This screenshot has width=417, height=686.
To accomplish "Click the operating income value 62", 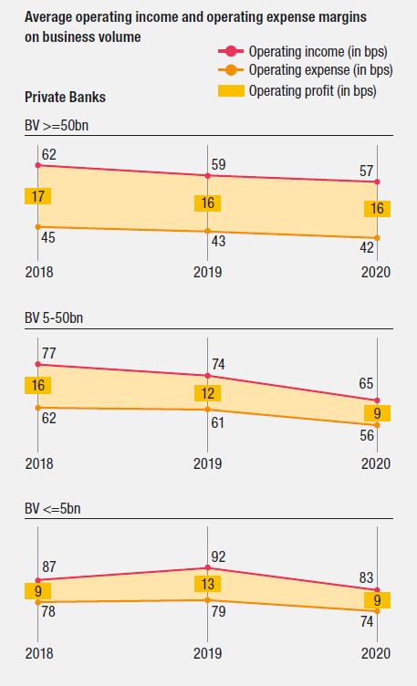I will pyautogui.click(x=49, y=155).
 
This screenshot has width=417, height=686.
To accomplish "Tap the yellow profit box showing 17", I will pyautogui.click(x=37, y=195).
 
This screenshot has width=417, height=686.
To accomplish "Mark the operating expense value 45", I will pyautogui.click(x=49, y=239).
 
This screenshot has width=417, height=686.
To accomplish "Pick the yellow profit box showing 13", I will pyautogui.click(x=208, y=584).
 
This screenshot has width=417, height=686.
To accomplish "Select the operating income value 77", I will pyautogui.click(x=49, y=352).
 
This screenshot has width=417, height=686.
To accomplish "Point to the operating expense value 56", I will pyautogui.click(x=367, y=437).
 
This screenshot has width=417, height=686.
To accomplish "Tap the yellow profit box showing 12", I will pyautogui.click(x=208, y=393).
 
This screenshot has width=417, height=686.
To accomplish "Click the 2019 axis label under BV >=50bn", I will pyautogui.click(x=207, y=271).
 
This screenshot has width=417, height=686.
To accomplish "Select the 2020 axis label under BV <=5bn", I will pyautogui.click(x=376, y=654).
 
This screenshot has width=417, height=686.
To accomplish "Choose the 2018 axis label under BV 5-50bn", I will pyautogui.click(x=38, y=463).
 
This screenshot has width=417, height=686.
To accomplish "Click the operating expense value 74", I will pyautogui.click(x=367, y=622).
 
